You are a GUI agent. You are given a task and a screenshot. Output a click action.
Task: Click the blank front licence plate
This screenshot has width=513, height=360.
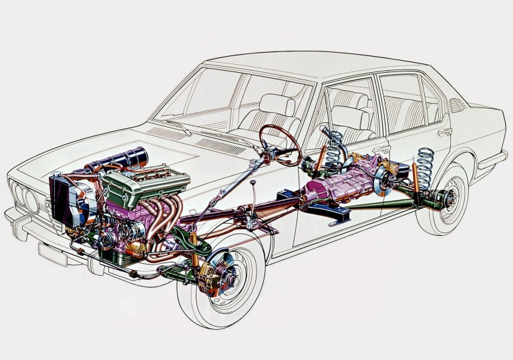point(51,254)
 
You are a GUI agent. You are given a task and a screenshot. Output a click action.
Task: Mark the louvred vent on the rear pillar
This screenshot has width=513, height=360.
point(457,106)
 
